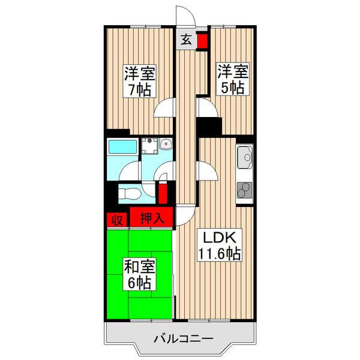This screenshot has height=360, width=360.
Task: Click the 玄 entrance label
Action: (x=187, y=41)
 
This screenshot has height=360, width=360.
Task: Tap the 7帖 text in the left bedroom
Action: (x=139, y=90)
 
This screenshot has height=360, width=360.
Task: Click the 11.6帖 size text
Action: (x=220, y=254)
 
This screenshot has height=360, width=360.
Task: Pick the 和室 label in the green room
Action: (x=139, y=264)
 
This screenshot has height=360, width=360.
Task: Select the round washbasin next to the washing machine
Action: (x=165, y=145)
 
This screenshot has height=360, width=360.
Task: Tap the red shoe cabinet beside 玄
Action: (x=202, y=41)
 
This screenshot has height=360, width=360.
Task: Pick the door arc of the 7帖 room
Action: (x=163, y=109)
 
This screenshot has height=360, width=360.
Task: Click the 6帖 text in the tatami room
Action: (x=139, y=281)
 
